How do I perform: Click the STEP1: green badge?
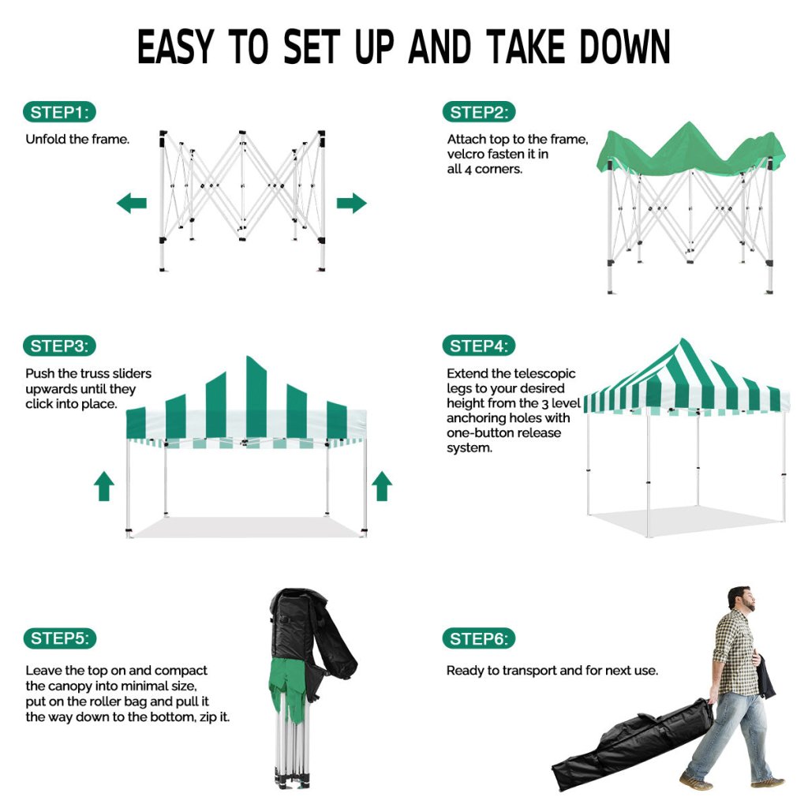click(59, 112)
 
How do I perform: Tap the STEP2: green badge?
click(479, 112)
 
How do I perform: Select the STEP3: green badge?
click(59, 346)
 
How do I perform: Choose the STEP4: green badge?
click(479, 346)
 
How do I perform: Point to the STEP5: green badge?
click(60, 638)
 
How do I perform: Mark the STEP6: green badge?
click(479, 639)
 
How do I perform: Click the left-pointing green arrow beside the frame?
click(132, 203)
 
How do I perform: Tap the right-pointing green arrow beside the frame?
click(351, 203)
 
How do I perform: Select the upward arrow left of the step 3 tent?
click(104, 486)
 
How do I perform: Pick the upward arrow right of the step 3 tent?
click(382, 486)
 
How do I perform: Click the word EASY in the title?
click(175, 47)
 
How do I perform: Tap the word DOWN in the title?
click(625, 47)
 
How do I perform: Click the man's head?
click(742, 600)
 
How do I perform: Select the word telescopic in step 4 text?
click(544, 373)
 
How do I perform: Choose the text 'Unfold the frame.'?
click(77, 139)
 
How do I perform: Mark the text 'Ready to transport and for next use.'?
click(552, 671)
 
